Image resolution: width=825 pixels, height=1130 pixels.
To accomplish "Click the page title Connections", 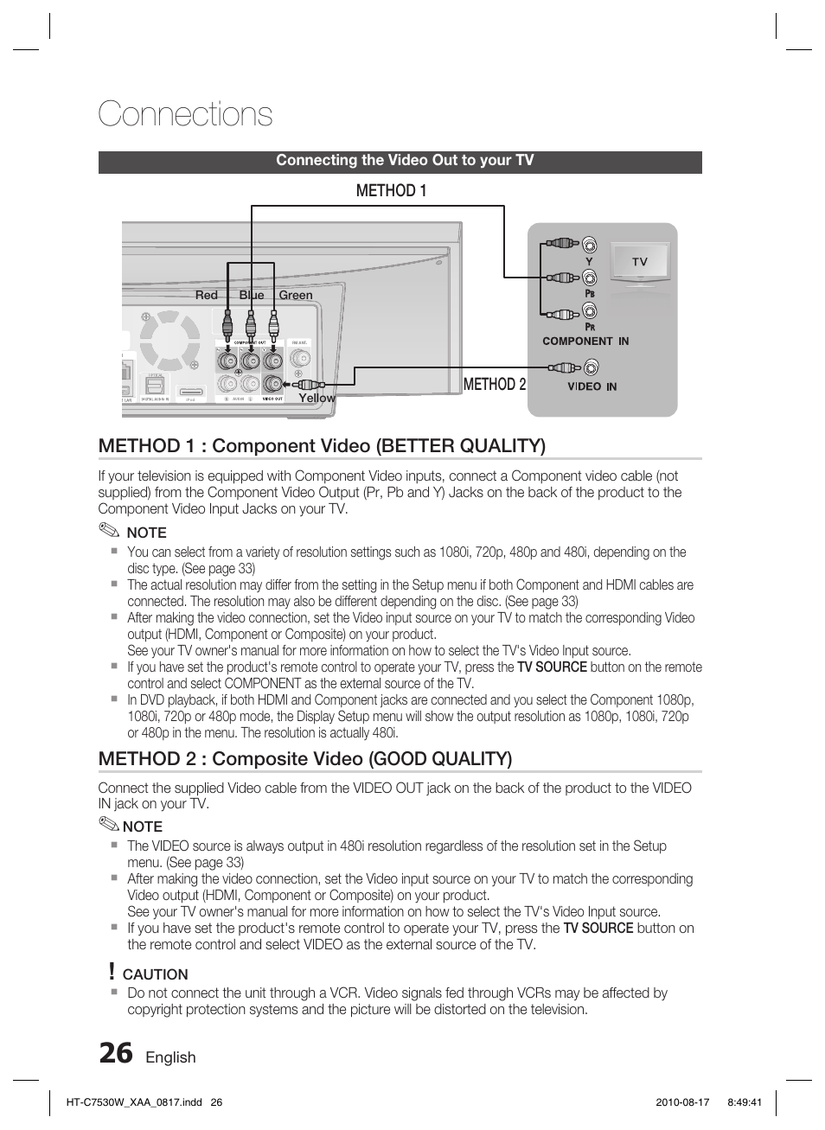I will (185, 115).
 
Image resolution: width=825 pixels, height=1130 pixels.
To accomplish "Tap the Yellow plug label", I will (317, 398).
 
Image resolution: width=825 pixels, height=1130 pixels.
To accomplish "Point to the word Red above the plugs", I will (207, 295).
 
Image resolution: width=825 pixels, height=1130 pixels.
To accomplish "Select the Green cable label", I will (295, 295).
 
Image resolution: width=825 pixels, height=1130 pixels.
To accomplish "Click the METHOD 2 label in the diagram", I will (494, 385).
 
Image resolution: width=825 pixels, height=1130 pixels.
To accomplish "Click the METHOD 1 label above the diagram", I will (391, 191).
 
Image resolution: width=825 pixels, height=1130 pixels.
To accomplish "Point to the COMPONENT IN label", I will (585, 341).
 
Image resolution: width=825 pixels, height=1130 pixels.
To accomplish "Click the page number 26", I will (116, 1054).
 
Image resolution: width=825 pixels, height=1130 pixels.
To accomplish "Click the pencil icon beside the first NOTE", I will (109, 532).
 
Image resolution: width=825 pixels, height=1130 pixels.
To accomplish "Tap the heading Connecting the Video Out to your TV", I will (405, 161).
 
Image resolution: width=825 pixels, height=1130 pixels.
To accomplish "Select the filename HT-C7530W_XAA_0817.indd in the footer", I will (133, 1102).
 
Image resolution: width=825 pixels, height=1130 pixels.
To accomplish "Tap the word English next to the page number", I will (170, 1057).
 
